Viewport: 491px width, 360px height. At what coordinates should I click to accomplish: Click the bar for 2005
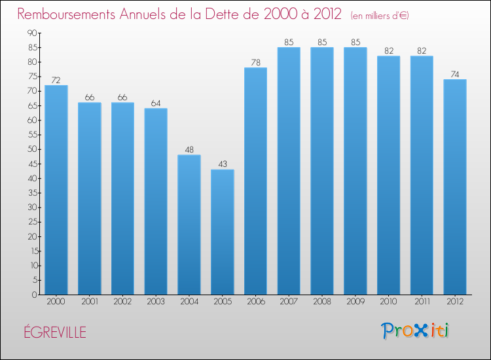click(222, 232)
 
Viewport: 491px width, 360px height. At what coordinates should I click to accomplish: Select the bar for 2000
click(56, 190)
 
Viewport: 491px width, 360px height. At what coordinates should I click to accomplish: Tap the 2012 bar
click(455, 187)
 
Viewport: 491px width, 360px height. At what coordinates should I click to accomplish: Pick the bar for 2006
click(255, 181)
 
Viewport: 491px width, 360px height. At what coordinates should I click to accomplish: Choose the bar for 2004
click(189, 225)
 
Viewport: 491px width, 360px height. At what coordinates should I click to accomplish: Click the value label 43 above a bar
click(222, 164)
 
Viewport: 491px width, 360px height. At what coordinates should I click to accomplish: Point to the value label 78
click(255, 62)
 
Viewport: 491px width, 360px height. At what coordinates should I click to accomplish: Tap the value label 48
click(189, 149)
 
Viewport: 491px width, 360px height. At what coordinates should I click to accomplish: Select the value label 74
click(455, 74)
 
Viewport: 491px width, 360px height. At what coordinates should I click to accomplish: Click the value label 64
click(156, 103)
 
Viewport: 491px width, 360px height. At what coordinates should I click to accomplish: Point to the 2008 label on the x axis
click(322, 302)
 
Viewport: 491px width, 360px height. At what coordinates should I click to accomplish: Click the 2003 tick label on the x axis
click(156, 302)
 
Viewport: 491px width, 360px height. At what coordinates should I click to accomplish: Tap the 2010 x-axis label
click(388, 302)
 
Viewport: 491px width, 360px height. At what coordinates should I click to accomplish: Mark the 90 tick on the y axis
click(32, 33)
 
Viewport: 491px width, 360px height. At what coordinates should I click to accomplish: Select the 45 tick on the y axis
click(32, 164)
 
